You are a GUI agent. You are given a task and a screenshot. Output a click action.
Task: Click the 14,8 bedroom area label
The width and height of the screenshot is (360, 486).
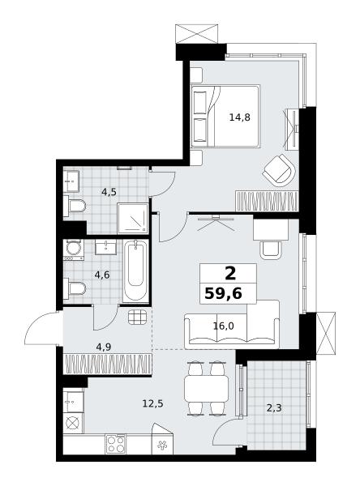(239, 117)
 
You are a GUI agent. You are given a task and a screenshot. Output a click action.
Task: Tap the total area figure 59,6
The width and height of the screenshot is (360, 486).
(223, 293)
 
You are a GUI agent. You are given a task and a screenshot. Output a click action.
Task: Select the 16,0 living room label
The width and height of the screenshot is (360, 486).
(224, 326)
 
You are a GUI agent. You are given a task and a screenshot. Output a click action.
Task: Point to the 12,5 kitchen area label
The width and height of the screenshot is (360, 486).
(153, 403)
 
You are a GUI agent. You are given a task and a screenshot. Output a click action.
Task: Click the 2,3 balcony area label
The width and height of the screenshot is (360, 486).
(274, 408)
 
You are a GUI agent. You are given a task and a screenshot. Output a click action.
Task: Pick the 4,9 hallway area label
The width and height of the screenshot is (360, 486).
(104, 347)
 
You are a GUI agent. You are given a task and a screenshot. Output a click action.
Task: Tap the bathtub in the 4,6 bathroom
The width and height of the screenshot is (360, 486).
(135, 271)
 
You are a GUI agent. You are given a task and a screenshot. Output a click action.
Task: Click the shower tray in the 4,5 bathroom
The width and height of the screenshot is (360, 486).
(132, 219)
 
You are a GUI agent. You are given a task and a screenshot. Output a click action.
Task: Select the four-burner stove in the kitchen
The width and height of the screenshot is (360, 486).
(116, 444)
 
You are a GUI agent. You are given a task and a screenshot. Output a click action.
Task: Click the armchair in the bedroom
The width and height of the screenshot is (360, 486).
(279, 170)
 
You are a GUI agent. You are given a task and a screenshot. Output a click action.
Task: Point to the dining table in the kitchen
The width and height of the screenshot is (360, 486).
(206, 389)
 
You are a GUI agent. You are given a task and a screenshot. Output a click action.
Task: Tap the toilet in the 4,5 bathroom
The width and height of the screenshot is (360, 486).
(75, 206)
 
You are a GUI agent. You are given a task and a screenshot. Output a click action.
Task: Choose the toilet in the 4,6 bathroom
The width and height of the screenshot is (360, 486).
(75, 288)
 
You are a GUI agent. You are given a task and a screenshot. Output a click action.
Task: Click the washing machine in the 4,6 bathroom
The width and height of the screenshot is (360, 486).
(73, 249)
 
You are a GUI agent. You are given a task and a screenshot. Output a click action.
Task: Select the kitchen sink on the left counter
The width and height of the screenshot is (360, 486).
(73, 402)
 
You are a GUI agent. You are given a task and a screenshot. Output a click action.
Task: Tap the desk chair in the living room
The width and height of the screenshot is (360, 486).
(271, 249)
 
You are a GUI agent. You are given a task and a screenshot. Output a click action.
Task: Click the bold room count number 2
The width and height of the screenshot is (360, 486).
(230, 274)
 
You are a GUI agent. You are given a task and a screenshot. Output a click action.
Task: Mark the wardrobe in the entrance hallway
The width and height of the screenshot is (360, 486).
(107, 364)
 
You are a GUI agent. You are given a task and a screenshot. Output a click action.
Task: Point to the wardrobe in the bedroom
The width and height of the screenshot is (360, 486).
(267, 201)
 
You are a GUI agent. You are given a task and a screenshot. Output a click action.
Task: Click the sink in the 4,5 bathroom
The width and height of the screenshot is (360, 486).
(71, 181)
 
